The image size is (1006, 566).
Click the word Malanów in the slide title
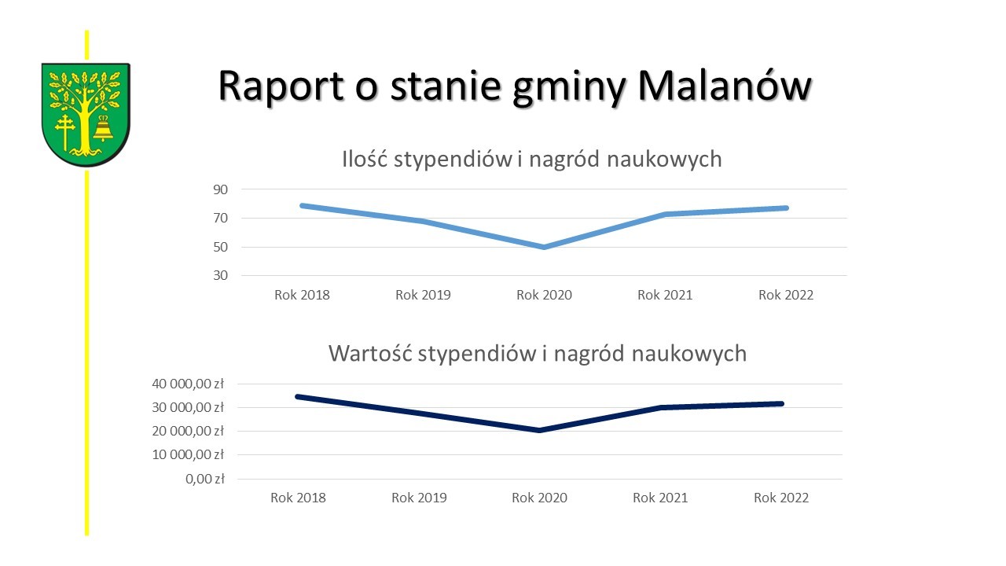[725, 86]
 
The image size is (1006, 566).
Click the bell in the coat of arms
[103, 128]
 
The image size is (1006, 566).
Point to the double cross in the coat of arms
[65, 131]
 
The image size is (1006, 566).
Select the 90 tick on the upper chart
[220, 189]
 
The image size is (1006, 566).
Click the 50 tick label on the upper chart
[220, 247]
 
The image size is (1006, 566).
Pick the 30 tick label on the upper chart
[220, 275]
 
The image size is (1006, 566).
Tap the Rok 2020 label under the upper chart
[544, 295]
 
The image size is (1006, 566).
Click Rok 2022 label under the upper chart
[786, 295]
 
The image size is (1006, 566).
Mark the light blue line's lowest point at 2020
[544, 247]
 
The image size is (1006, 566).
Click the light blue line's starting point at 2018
[303, 206]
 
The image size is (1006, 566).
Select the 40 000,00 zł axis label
[188, 384]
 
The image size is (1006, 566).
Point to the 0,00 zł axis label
[205, 479]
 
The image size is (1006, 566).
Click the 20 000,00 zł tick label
[188, 432]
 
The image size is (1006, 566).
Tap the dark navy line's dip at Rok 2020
[539, 430]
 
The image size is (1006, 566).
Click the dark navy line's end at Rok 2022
[781, 404]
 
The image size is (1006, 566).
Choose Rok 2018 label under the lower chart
[298, 498]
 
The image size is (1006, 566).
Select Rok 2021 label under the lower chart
[660, 498]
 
